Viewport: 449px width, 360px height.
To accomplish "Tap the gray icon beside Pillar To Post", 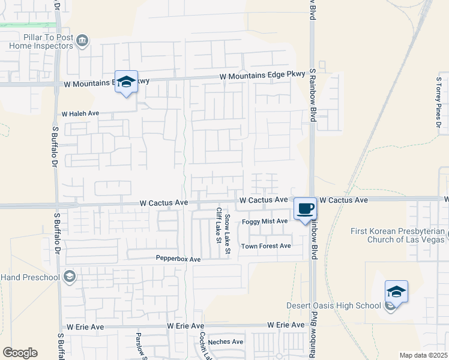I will pos(83,41).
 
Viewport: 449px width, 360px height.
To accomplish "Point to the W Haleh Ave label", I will pos(80,113).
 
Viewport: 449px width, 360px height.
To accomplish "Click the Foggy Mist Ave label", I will pos(265,221).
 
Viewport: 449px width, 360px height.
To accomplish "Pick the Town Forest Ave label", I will pos(266,246).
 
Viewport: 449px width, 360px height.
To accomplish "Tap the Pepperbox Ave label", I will pos(178,259).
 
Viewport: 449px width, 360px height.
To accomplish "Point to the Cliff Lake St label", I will pos(218,226).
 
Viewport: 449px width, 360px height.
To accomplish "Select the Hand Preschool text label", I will pos(30,277).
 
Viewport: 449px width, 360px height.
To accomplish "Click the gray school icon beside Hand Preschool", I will pos(69,277).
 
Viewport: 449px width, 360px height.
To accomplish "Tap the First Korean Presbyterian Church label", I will pos(398,236).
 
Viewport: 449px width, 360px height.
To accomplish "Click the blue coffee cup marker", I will pos(306,209).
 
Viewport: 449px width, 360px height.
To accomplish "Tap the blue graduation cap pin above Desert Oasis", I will pos(396,292).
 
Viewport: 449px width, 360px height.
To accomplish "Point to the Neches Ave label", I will pos(226,342).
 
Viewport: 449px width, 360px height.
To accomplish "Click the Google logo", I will pos(20,353).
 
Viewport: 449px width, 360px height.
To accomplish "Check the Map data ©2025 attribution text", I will pos(423,355).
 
